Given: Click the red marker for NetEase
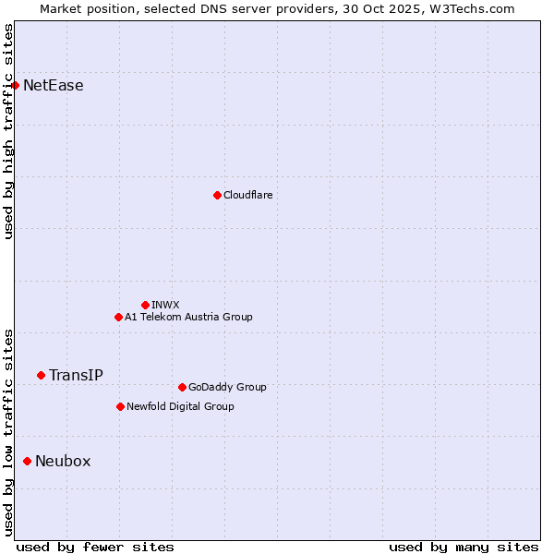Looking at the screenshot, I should click(15, 86).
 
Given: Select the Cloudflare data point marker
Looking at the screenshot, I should click(217, 195).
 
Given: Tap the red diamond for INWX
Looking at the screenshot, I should click(145, 305).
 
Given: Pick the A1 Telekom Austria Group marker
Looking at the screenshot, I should click(118, 317).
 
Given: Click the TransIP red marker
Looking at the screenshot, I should click(41, 375).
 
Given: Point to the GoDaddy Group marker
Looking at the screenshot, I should click(182, 387).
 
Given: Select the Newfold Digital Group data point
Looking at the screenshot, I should click(120, 406).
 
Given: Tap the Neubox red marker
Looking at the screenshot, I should click(27, 461).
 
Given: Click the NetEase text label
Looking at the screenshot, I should click(53, 86).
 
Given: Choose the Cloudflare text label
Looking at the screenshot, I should click(247, 195).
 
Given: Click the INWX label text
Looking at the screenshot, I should click(165, 305).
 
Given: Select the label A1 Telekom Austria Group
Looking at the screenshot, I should click(188, 317).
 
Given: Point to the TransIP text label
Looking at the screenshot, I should click(76, 375).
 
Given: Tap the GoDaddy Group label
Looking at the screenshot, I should click(226, 387).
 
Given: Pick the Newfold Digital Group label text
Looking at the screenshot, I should click(180, 406).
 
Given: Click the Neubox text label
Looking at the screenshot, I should click(63, 461).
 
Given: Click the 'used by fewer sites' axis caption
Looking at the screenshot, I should click(95, 547).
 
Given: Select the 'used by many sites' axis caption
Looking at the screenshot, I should click(464, 547).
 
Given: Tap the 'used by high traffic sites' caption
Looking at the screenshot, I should click(8, 131).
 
